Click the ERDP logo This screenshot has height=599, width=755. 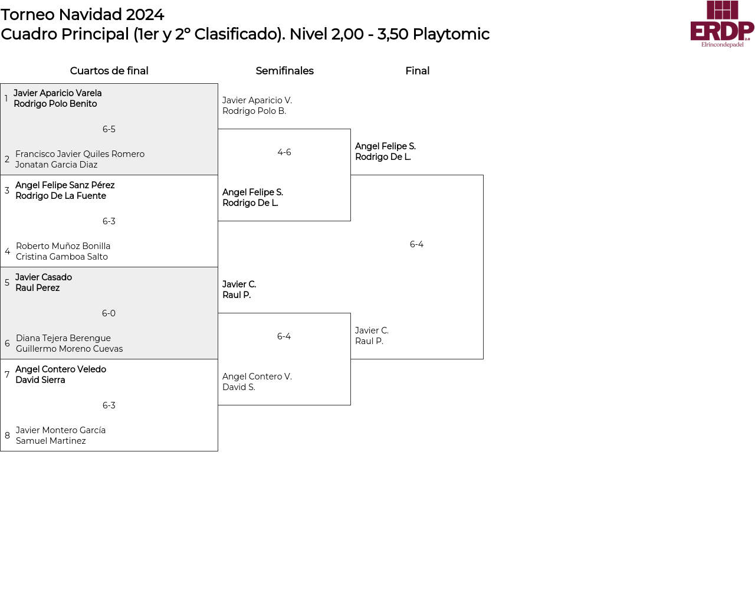[x=722, y=24]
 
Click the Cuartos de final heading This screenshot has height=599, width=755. [x=109, y=71]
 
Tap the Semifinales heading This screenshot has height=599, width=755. [x=284, y=71]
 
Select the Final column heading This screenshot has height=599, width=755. [x=417, y=71]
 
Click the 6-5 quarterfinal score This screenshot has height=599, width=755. [x=109, y=129]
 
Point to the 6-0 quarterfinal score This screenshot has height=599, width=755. [x=109, y=313]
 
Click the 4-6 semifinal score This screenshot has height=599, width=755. [x=284, y=152]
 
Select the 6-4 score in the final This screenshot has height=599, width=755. [x=416, y=244]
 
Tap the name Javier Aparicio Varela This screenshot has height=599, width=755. [x=58, y=93]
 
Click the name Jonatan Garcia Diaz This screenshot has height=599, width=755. [x=57, y=165]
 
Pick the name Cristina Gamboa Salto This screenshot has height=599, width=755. [x=62, y=257]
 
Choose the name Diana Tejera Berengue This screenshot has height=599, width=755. [x=63, y=338]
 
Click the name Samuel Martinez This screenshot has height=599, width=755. [x=51, y=441]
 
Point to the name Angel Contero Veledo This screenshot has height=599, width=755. [x=61, y=369]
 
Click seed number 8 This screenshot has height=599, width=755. [x=7, y=436]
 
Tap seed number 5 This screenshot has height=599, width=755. [x=7, y=283]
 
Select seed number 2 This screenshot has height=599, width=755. [x=7, y=159]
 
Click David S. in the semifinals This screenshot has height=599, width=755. [x=239, y=387]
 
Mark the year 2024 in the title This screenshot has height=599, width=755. [x=145, y=15]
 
